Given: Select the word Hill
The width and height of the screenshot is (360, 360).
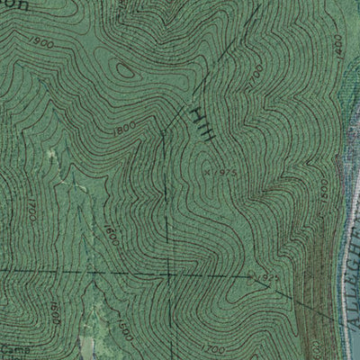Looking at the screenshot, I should coord(202,123).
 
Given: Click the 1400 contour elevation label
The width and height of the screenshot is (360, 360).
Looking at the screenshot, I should coord(337,43).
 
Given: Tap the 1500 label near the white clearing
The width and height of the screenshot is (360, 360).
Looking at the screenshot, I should coord(122,330).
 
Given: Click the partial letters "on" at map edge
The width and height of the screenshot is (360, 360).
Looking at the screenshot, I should coord(19,4).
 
